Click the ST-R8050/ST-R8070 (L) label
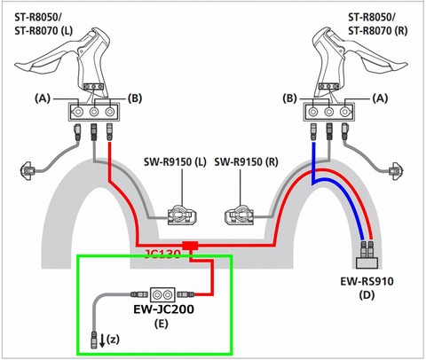(x=43, y=24)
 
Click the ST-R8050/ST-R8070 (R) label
(x=378, y=24)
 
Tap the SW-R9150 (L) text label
(x=175, y=162)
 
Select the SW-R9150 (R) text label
(x=246, y=162)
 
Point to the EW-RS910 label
(x=367, y=281)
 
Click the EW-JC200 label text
(x=163, y=309)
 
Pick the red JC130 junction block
(x=190, y=246)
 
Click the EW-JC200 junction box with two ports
(x=162, y=294)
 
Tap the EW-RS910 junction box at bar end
(x=367, y=262)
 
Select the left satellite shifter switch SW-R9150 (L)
(x=182, y=215)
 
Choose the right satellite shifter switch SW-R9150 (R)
(x=240, y=215)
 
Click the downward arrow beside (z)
(x=102, y=340)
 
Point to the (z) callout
(x=113, y=340)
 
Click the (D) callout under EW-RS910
(x=367, y=294)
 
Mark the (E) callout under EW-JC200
(x=162, y=324)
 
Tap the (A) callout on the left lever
(x=43, y=98)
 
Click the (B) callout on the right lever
(x=289, y=98)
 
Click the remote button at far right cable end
(x=395, y=170)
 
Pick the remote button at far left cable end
(x=28, y=170)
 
